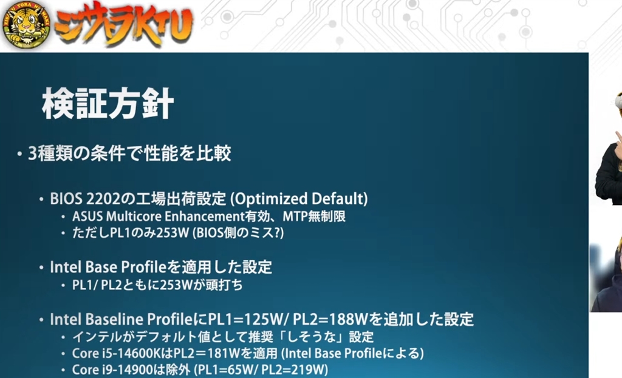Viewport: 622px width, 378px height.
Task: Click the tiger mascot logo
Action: (26, 24)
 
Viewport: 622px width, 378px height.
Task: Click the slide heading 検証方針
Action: (108, 103)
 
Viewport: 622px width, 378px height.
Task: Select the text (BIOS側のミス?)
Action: (238, 232)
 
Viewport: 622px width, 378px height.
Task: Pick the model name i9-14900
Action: (128, 370)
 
